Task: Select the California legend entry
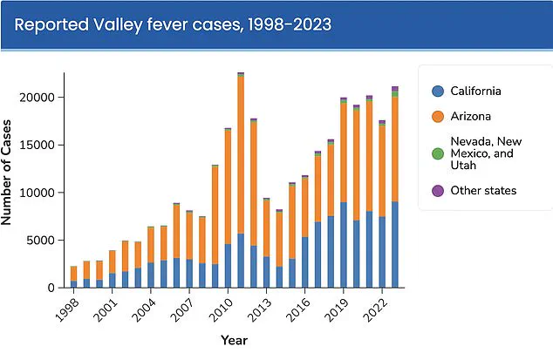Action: [x=478, y=91]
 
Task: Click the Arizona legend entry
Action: [x=471, y=116]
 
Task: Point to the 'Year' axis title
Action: [x=233, y=340]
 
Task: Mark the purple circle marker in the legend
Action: [x=438, y=190]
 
